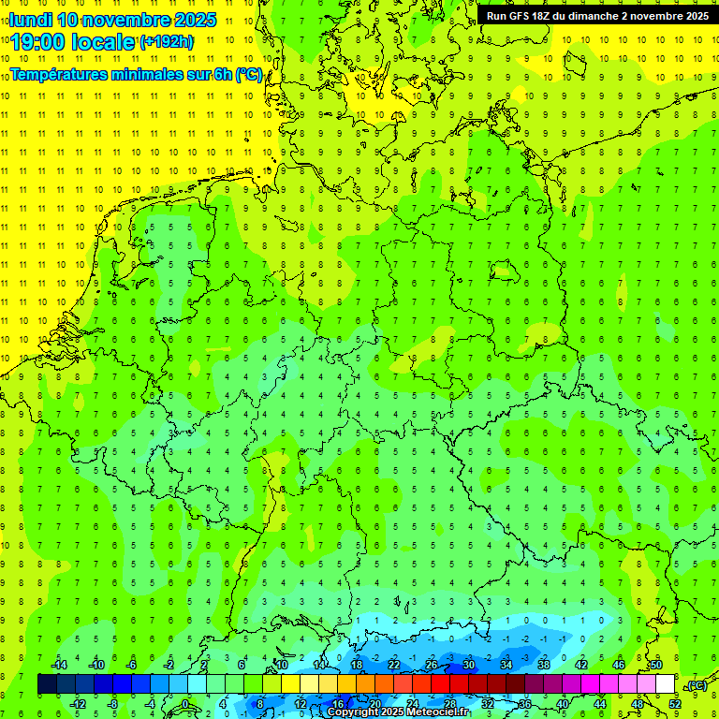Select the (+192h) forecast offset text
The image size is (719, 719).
point(167,41)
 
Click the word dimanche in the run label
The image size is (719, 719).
point(591,16)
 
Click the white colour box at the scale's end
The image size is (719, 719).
point(666,684)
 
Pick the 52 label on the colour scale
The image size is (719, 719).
point(675,703)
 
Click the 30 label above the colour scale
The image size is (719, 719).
point(468,665)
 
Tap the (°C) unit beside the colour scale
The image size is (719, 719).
point(696,685)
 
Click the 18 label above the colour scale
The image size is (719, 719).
point(356,665)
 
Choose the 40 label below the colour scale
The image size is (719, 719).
point(563,703)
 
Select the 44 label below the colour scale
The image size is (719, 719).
point(600,703)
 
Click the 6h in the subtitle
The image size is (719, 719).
point(223,74)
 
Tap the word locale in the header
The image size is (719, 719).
point(102,41)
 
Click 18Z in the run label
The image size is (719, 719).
point(546,16)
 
